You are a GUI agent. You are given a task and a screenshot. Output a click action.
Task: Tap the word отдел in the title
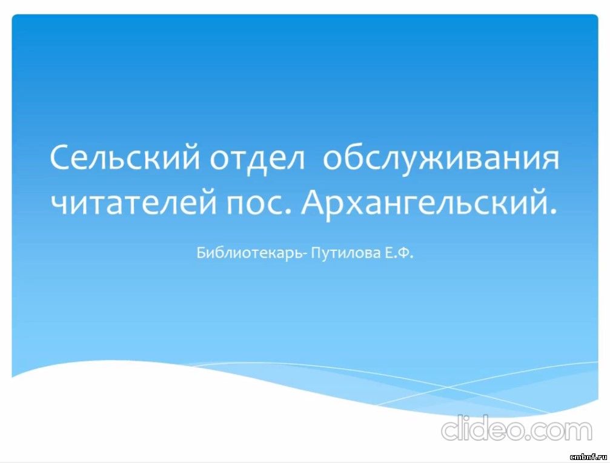tap(257, 158)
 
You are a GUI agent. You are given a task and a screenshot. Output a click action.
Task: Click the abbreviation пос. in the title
tap(259, 205)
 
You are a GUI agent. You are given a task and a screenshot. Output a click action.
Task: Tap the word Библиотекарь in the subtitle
tap(248, 253)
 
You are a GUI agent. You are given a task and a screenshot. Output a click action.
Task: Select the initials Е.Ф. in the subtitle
tap(399, 253)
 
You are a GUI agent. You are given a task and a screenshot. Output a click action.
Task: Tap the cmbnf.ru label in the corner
tap(588, 456)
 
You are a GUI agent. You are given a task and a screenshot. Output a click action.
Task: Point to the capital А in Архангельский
tap(314, 202)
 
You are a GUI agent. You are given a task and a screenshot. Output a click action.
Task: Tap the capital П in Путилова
tap(317, 253)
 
